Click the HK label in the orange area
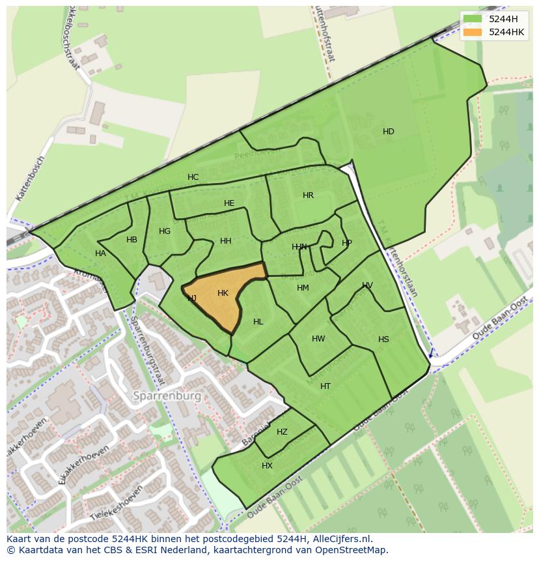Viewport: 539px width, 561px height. [223, 293]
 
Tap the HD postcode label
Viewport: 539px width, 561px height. [389, 132]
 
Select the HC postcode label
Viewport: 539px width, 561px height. [193, 177]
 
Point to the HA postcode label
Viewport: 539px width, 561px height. [100, 253]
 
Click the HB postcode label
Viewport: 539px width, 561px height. [132, 240]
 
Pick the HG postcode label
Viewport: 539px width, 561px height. [165, 231]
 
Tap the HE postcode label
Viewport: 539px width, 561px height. [229, 203]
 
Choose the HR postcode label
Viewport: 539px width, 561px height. [308, 195]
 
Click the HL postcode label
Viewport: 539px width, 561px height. [258, 322]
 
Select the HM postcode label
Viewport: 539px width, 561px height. [303, 288]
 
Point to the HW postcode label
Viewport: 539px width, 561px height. [318, 339]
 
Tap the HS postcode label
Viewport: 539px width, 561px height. [383, 339]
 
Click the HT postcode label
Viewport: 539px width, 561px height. [325, 386]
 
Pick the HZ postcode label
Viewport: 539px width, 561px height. [282, 432]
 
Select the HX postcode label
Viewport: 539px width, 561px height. [267, 466]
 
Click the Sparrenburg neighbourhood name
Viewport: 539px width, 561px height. [167, 396]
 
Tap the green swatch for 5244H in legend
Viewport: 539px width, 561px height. [473, 19]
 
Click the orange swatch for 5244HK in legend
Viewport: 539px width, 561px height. [473, 32]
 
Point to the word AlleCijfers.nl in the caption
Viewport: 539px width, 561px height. [339, 539]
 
